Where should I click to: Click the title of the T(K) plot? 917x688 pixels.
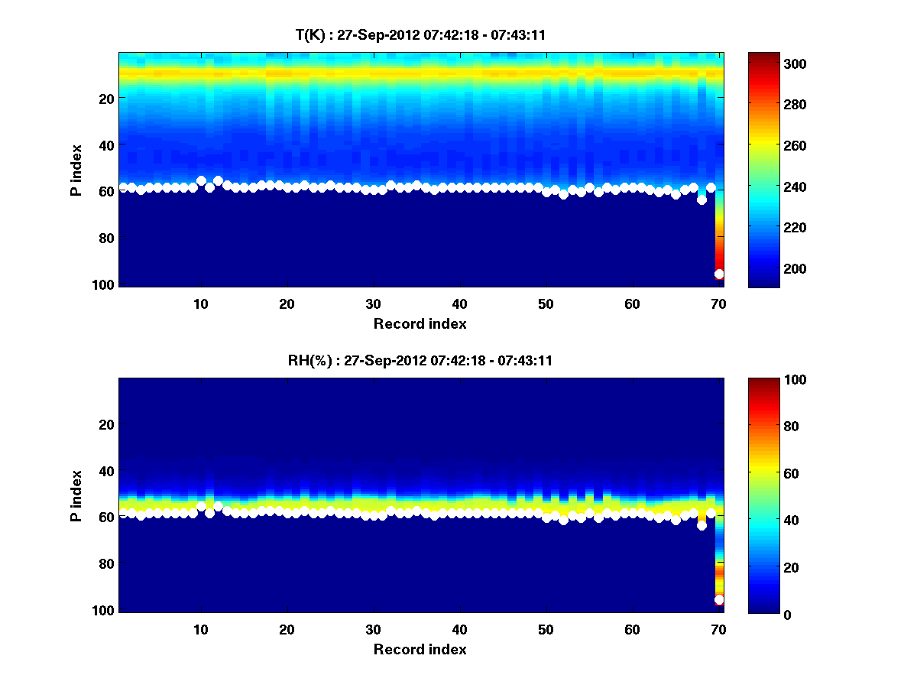[420, 34]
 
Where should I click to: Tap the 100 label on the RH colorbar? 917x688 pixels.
[766, 380]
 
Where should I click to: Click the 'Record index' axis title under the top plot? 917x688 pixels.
[420, 323]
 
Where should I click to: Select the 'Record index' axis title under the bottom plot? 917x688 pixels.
[420, 649]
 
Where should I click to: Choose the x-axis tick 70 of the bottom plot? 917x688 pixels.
[718, 629]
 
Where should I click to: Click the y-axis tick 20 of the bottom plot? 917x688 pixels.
[106, 424]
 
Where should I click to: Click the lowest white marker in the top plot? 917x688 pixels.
[719, 274]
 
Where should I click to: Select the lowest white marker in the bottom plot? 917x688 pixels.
[719, 600]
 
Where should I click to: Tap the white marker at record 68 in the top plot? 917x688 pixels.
[702, 200]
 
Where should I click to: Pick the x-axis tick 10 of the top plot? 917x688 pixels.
[201, 303]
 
